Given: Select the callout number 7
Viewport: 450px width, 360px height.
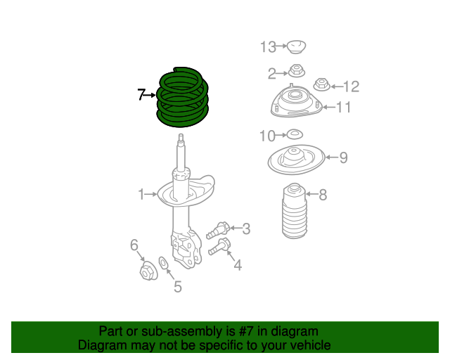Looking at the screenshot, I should [141, 94].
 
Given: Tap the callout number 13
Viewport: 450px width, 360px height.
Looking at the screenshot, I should [268, 47].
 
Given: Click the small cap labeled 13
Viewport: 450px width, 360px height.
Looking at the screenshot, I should [296, 47].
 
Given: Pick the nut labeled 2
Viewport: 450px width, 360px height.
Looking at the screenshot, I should [296, 71].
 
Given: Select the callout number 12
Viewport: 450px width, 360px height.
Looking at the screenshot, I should [350, 86].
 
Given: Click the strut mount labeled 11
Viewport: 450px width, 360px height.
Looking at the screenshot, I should [295, 103].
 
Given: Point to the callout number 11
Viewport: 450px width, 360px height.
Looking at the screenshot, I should [343, 108].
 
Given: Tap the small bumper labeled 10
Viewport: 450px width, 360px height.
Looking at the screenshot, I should [295, 134].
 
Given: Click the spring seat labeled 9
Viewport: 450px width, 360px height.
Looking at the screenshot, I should [295, 161].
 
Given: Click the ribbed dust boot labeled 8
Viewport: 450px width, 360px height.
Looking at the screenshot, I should [294, 212].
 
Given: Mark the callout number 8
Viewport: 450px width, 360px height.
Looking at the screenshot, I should [323, 195].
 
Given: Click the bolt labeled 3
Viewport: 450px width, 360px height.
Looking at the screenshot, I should [219, 230].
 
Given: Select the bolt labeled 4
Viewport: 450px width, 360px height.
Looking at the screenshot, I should [220, 247].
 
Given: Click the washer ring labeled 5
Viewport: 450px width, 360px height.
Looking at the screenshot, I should [164, 264].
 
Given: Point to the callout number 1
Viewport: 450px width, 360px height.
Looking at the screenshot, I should [141, 193].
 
